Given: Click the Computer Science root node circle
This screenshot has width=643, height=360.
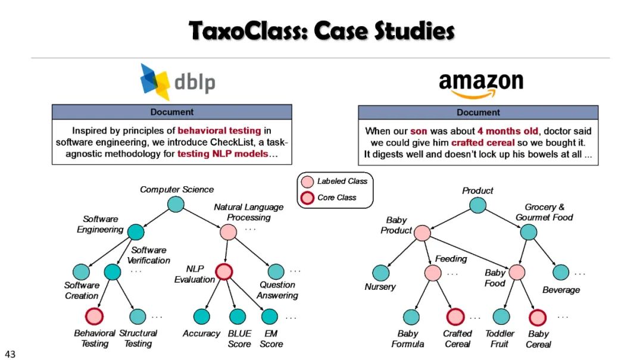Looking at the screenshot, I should (175, 204).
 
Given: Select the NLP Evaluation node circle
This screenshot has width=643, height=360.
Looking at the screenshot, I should (224, 272).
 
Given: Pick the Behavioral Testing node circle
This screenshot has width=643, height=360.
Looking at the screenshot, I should (95, 316).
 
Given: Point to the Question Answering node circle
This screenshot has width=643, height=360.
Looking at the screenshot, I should (276, 272).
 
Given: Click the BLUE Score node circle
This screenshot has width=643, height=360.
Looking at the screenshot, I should (238, 316).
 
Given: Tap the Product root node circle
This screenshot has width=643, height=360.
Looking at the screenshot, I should (477, 205).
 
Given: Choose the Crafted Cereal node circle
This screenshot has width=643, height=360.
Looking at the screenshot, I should (455, 317).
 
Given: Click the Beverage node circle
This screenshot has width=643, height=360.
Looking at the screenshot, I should (561, 273).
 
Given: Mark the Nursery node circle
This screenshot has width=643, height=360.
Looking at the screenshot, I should (380, 273).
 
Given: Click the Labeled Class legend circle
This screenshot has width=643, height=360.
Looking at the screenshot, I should (307, 181).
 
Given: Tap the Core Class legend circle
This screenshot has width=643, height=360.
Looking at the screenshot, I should (307, 198).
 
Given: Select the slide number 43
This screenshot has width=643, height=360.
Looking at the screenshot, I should (10, 354).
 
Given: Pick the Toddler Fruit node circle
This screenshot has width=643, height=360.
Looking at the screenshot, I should (501, 317).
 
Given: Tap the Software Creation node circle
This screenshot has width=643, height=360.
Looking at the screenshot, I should (81, 272).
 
